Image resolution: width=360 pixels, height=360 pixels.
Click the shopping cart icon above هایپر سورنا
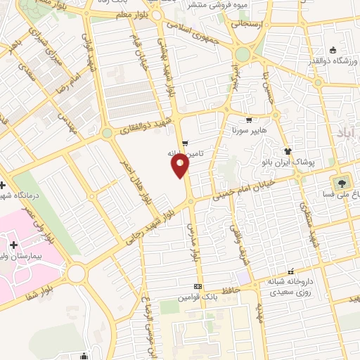coord(248,120)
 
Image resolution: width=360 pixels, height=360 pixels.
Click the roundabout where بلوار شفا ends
coord(76,271)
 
